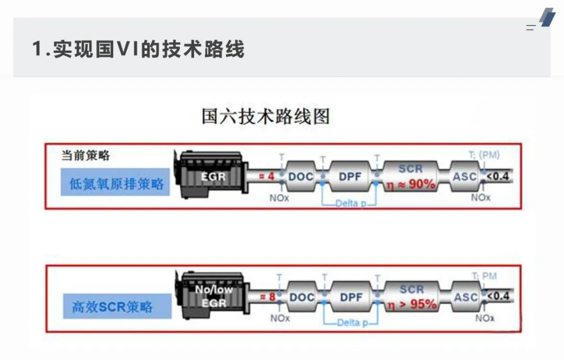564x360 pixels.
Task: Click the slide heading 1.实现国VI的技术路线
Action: point(138,50)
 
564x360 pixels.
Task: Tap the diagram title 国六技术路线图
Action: point(266,116)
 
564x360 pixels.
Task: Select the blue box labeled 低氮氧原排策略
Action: point(115,183)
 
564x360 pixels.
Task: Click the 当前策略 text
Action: point(86,155)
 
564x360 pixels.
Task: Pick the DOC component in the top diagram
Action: point(301,177)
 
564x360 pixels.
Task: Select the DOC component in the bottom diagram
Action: point(302,297)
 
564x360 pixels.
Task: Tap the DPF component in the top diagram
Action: point(350,177)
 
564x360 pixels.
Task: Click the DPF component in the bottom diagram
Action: point(351,297)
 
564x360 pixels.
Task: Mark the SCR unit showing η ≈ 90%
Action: point(411,177)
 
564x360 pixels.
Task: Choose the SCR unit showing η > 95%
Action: point(412,297)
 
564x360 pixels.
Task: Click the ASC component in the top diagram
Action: point(465,177)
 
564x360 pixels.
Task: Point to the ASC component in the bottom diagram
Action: point(466,297)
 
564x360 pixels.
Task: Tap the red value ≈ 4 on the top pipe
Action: point(267,177)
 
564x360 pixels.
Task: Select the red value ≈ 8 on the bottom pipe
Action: point(267,297)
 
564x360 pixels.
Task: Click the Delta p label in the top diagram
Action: point(347,203)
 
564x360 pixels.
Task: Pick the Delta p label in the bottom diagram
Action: point(348,323)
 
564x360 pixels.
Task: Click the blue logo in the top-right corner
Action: point(547,17)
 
